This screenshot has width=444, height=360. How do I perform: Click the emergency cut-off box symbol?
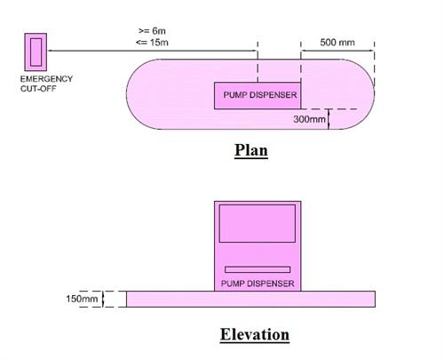pyautogui.click(x=36, y=52)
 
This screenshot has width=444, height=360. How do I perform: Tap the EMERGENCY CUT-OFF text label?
pyautogui.click(x=46, y=84)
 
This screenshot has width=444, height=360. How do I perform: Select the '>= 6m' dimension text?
pyautogui.click(x=152, y=31)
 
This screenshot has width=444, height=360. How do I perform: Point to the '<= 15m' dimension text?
pyautogui.click(x=152, y=43)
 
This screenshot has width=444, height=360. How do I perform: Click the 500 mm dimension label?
pyautogui.click(x=337, y=43)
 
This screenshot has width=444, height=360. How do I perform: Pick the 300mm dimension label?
pyautogui.click(x=309, y=119)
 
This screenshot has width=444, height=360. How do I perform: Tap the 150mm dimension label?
pyautogui.click(x=82, y=299)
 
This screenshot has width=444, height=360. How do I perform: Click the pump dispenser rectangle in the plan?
pyautogui.click(x=258, y=96)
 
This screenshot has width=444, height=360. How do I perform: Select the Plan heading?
pyautogui.click(x=251, y=150)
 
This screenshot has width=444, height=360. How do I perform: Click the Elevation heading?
pyautogui.click(x=255, y=334)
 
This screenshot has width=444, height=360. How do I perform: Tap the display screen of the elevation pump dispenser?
pyautogui.click(x=258, y=223)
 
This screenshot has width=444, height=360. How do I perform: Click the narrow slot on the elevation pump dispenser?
pyautogui.click(x=258, y=269)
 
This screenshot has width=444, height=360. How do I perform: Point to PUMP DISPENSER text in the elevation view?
pyautogui.click(x=258, y=284)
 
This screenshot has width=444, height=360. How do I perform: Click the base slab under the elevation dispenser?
pyautogui.click(x=251, y=299)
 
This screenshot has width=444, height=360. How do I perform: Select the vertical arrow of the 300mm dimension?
pyautogui.click(x=329, y=119)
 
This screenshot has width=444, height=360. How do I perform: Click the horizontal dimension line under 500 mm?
pyautogui.click(x=337, y=51)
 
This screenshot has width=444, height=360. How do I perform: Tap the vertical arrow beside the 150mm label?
pyautogui.click(x=103, y=299)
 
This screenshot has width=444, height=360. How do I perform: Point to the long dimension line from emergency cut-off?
pyautogui.click(x=153, y=51)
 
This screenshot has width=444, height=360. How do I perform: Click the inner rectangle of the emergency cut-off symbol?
pyautogui.click(x=36, y=52)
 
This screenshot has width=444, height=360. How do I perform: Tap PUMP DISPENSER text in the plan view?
pyautogui.click(x=260, y=95)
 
